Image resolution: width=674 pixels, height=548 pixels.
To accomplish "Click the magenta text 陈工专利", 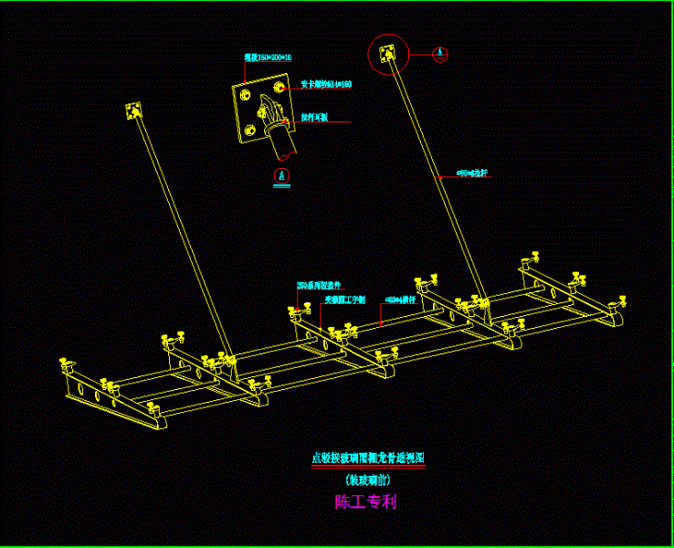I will tap(365, 501).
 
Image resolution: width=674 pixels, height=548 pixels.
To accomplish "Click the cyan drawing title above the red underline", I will tap(369, 458).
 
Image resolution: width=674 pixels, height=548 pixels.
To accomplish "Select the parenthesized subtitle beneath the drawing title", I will tap(369, 479).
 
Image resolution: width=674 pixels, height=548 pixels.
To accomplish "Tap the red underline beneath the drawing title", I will tap(369, 467).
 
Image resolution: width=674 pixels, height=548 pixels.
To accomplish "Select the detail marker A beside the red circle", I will tap(440, 53).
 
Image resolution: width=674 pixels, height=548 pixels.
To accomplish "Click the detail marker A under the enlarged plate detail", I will tap(282, 174).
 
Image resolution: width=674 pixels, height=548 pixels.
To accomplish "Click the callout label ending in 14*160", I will tap(326, 85).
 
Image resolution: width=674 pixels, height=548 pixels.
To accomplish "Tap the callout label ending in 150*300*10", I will tap(261, 58).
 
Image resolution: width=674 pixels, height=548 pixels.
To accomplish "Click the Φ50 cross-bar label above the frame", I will tap(401, 299).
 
